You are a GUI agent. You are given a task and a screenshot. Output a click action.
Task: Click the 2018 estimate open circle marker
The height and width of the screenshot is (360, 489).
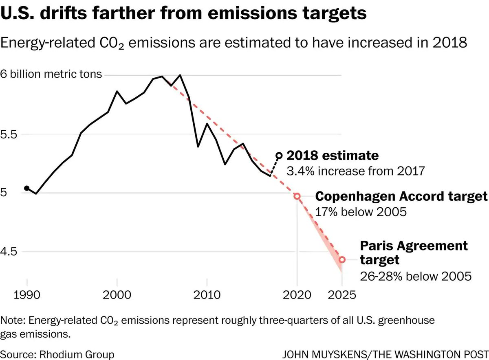[x=279, y=155]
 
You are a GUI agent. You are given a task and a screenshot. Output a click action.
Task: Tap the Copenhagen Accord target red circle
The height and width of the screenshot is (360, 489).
[x=297, y=196]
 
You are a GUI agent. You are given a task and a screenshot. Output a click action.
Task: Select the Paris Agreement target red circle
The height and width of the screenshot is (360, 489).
[x=342, y=259]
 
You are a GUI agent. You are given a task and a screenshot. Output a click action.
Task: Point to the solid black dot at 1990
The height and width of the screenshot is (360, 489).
[x=27, y=188]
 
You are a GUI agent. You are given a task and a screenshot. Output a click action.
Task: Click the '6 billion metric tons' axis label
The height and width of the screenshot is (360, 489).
[x=51, y=75]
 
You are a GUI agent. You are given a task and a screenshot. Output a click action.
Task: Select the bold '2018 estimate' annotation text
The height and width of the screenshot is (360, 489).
[x=333, y=156]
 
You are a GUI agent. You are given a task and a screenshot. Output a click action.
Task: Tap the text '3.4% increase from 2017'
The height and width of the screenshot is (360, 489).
[x=356, y=170]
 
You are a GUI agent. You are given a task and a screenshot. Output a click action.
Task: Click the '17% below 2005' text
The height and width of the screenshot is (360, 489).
[x=361, y=212]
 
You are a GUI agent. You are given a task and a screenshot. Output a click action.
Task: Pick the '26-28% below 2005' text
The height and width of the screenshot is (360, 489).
[x=416, y=276]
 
